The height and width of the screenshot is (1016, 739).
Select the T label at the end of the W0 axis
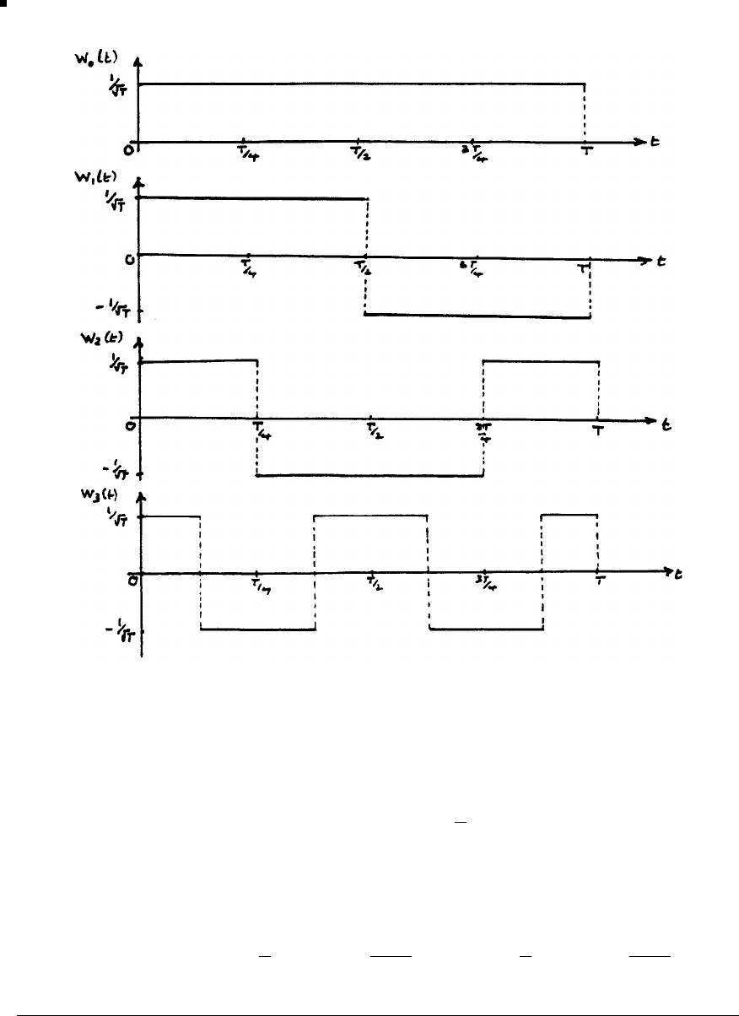[585, 154]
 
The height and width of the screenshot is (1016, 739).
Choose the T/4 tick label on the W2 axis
[261, 433]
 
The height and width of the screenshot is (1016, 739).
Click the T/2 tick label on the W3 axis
[372, 588]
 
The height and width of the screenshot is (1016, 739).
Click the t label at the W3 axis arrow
[679, 574]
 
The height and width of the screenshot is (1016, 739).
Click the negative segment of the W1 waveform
[477, 316]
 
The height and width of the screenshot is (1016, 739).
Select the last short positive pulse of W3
[569, 514]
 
